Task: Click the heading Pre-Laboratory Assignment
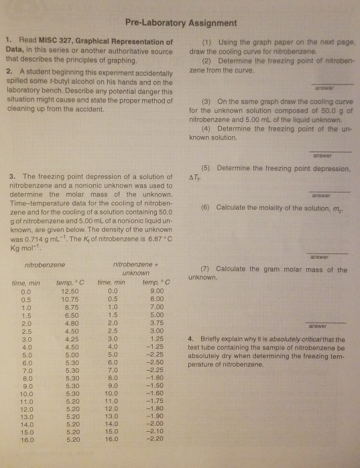point(179,19)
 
